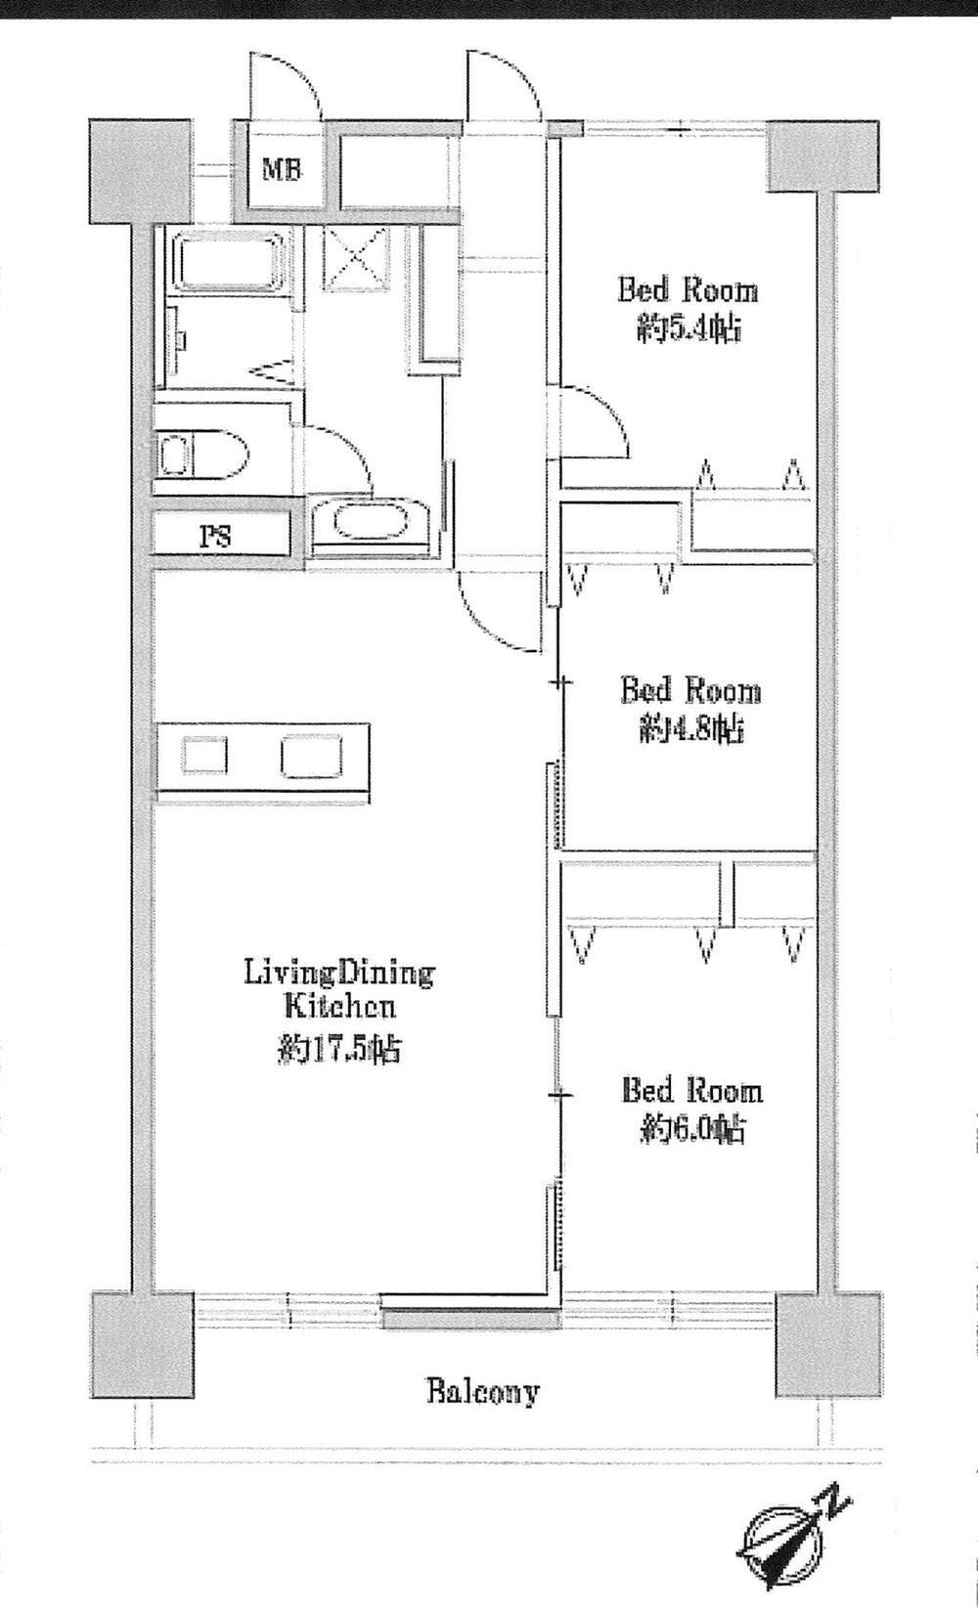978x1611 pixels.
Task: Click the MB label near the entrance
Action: pyautogui.click(x=282, y=169)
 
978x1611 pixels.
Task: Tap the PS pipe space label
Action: pyautogui.click(x=217, y=536)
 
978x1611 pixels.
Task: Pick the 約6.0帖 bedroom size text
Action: pyautogui.click(x=693, y=1130)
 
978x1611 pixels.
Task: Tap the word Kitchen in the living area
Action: pyautogui.click(x=338, y=1006)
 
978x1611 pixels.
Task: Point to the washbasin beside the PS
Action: pyautogui.click(x=370, y=523)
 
